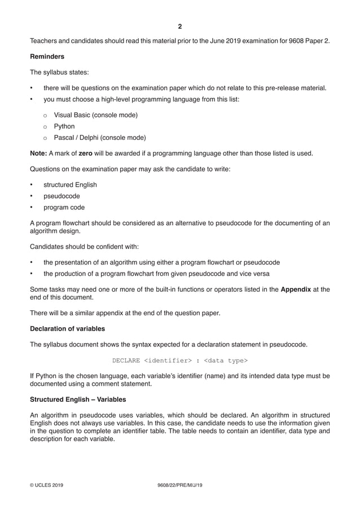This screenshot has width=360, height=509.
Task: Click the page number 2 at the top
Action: tap(179, 26)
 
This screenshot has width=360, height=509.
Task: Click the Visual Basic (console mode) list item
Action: tap(96, 115)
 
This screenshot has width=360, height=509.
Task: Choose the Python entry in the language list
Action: tap(64, 126)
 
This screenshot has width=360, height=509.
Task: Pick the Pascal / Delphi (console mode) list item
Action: tap(100, 138)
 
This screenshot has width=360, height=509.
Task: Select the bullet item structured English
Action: tap(70, 185)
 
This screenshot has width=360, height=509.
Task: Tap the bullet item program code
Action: tap(64, 207)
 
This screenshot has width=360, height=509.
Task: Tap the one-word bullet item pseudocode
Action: tap(62, 196)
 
